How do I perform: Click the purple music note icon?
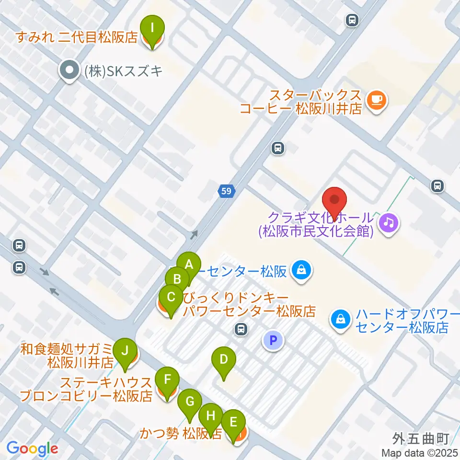(389, 222)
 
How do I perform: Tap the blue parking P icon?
(273, 340)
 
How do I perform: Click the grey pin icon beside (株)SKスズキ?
(69, 70)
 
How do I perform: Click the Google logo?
(32, 448)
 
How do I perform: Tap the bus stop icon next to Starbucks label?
(277, 149)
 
